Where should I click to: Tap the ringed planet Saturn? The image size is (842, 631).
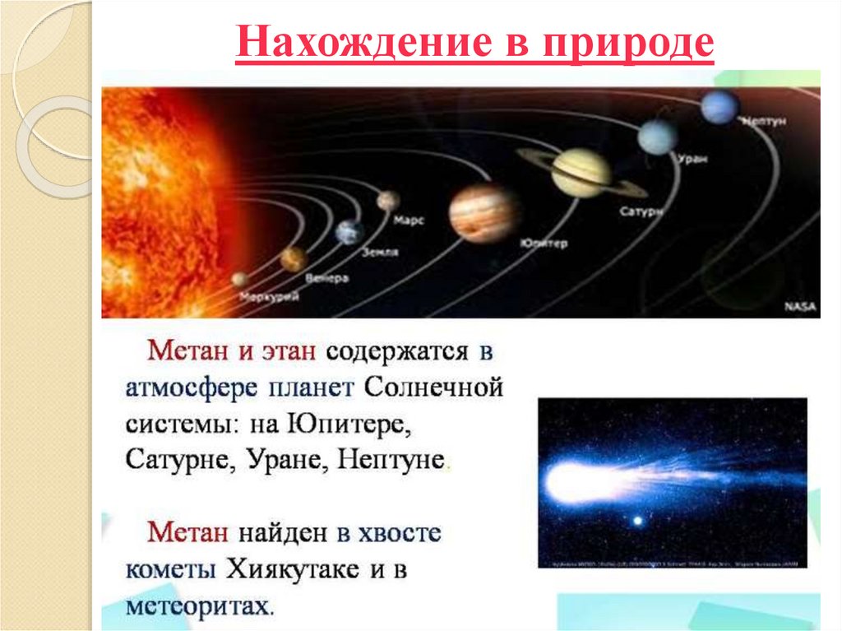581,172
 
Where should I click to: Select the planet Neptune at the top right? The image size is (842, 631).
719,107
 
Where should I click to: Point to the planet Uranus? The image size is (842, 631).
657,137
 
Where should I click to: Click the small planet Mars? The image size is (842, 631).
388,200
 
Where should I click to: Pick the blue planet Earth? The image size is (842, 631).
349,232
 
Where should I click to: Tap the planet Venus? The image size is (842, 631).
294,259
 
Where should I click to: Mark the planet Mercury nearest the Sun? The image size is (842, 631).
239,279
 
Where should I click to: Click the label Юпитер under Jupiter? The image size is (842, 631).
543,244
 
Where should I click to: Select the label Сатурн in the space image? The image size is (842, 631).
641,211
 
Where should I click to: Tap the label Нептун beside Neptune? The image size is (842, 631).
765,122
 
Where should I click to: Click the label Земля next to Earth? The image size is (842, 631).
380,252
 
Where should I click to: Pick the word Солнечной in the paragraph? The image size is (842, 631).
433,387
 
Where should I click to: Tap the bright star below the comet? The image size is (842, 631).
636,521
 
